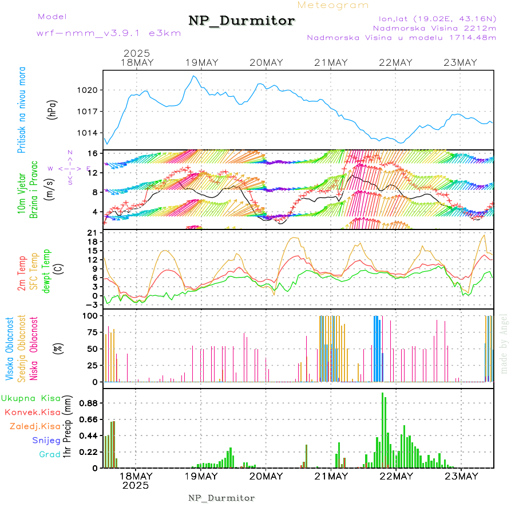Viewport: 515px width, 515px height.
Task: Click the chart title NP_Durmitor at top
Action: point(241,21)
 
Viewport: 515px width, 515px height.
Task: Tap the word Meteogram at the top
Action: point(333,5)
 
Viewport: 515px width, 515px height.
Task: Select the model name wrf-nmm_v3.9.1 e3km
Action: point(109,33)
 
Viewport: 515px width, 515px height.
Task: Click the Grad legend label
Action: point(49,454)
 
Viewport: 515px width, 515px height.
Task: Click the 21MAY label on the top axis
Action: point(331,62)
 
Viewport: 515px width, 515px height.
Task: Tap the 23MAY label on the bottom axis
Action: point(461,476)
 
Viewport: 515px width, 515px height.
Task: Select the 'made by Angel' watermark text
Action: point(504,343)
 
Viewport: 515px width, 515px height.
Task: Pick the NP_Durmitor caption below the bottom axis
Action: point(221,498)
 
